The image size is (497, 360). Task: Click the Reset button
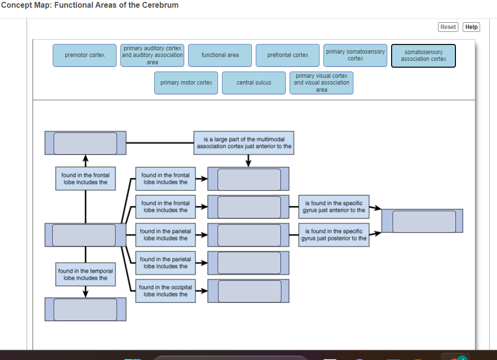[448, 27]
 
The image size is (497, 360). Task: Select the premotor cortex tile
[85, 55]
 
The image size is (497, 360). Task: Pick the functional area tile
[220, 55]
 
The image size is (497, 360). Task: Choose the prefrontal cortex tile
[288, 55]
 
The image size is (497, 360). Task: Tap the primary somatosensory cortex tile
[355, 55]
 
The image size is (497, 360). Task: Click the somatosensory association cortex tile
[424, 56]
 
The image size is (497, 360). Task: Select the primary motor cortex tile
[186, 83]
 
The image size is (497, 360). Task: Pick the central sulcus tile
[254, 83]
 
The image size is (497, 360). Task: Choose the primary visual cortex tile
[322, 83]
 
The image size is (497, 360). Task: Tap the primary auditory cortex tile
[152, 55]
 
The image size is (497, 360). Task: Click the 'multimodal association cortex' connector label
[244, 143]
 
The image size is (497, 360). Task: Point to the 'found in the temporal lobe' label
[86, 274]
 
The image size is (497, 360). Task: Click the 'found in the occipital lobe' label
[165, 291]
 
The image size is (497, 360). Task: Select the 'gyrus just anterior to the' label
[334, 207]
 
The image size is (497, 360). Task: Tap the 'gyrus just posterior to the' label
[334, 235]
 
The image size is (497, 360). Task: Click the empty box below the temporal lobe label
[85, 309]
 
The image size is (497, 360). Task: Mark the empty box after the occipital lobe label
[249, 291]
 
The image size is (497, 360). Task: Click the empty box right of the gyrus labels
[424, 221]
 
